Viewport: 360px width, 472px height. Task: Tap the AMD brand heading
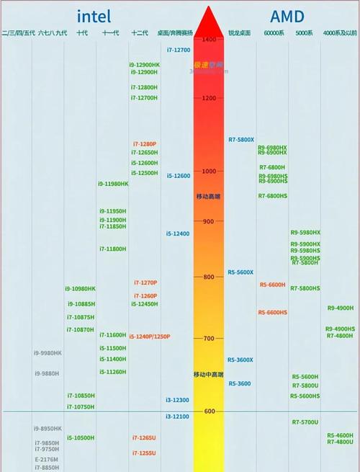coord(287,16)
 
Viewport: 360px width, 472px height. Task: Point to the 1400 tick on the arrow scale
coord(210,39)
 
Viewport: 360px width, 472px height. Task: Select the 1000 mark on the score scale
coord(209,171)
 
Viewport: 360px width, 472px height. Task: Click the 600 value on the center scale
coord(209,411)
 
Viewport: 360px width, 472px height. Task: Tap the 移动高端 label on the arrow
coord(209,197)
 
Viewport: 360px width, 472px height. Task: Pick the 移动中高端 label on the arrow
coord(209,375)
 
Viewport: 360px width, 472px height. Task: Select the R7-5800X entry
coord(240,139)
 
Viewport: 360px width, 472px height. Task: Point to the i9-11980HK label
coord(113,184)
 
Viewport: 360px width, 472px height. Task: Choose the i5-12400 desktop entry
coord(178,233)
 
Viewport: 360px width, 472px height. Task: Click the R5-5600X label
coord(240,272)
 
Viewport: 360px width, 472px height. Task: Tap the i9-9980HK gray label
coord(48,352)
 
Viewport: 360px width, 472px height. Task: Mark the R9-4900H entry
coord(340,308)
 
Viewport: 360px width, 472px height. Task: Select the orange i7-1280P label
coord(144,144)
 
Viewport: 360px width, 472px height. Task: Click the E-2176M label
coord(46,459)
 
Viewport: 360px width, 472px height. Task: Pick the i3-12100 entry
coord(177,417)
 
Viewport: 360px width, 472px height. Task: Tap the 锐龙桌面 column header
coord(240,33)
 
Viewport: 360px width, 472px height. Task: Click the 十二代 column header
coord(140,33)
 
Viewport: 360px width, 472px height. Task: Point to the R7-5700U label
coord(305,422)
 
